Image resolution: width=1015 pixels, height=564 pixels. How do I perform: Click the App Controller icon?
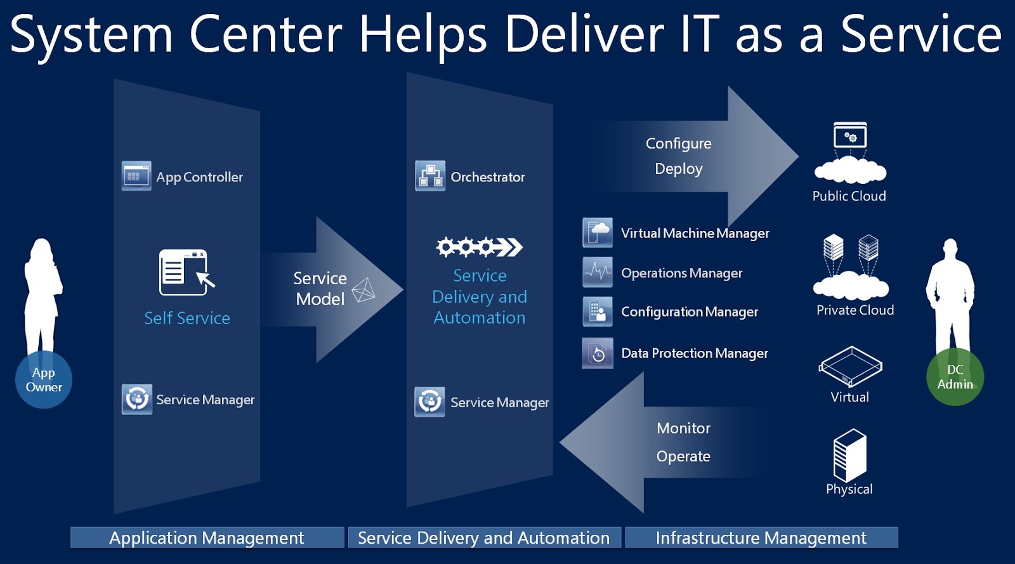pyautogui.click(x=136, y=176)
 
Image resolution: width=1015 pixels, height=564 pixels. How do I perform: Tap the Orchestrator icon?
pyautogui.click(x=430, y=176)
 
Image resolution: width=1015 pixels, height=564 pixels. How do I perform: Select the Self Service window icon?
pyautogui.click(x=186, y=273)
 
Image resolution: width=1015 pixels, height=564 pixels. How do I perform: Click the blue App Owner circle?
pyautogui.click(x=44, y=379)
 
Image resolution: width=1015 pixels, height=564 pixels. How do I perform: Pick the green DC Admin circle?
pyautogui.click(x=955, y=377)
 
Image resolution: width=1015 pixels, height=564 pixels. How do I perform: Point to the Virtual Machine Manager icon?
pyautogui.click(x=597, y=232)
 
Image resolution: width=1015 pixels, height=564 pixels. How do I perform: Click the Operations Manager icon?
pyautogui.click(x=597, y=272)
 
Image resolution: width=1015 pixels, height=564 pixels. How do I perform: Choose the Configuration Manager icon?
pyautogui.click(x=597, y=312)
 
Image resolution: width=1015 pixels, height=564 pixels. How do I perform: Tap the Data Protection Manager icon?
pyautogui.click(x=597, y=353)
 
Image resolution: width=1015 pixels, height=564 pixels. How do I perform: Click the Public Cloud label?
pyautogui.click(x=849, y=196)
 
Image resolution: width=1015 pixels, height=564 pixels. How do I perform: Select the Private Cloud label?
pyautogui.click(x=855, y=310)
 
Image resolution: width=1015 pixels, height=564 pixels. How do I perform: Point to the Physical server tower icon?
pyautogui.click(x=849, y=455)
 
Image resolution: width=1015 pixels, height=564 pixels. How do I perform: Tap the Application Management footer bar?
pyautogui.click(x=207, y=538)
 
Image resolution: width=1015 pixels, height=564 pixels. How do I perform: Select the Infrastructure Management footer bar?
pyautogui.click(x=761, y=538)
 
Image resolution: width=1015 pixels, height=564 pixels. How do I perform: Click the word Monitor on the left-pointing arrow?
pyautogui.click(x=683, y=428)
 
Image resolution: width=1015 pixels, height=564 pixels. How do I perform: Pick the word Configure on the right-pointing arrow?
pyautogui.click(x=678, y=143)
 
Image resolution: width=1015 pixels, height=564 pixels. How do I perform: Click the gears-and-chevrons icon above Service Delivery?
pyautogui.click(x=479, y=246)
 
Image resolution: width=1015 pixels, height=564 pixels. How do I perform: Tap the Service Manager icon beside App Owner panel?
pyautogui.click(x=137, y=399)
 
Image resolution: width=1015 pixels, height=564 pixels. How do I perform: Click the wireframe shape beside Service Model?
pyautogui.click(x=363, y=290)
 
